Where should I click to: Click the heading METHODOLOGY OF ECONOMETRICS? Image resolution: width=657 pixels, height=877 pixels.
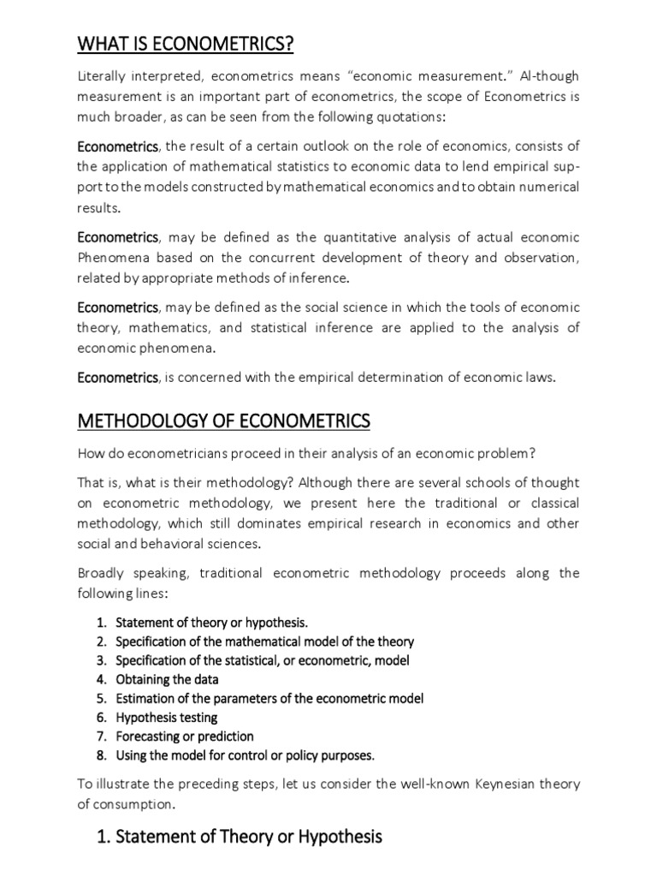(x=224, y=421)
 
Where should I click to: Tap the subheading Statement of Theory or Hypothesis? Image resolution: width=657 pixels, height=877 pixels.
(x=240, y=836)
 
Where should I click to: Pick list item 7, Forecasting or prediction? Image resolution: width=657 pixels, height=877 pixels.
(x=184, y=736)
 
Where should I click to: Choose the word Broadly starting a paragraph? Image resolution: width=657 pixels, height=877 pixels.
(x=104, y=572)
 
